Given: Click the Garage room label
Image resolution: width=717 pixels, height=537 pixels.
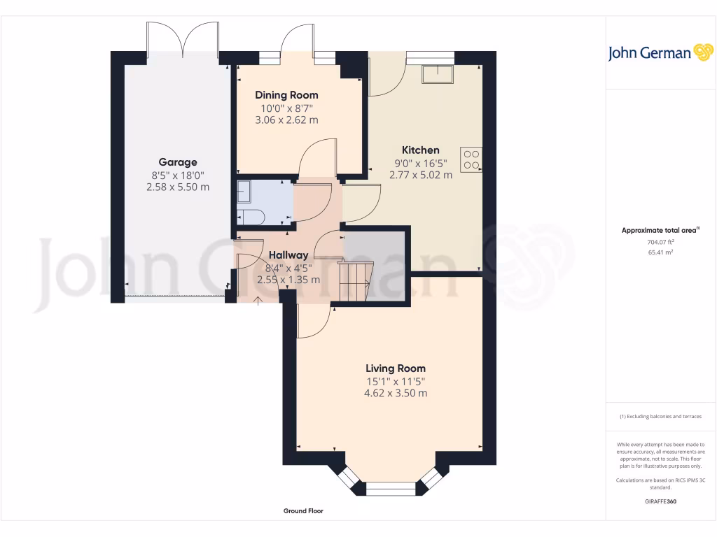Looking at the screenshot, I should click(178, 162).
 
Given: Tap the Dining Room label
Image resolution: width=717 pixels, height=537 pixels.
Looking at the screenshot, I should click(286, 95).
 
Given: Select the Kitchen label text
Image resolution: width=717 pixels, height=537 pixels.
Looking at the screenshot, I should click(420, 150).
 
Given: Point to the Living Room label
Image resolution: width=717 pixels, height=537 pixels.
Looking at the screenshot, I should click(396, 368).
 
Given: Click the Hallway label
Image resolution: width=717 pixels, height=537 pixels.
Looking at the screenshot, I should click(288, 256).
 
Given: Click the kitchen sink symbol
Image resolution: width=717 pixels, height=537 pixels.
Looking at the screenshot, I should click(437, 73).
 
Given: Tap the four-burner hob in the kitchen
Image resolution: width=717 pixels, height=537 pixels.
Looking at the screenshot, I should click(471, 160).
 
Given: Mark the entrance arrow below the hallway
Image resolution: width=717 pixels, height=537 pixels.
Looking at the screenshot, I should click(258, 301).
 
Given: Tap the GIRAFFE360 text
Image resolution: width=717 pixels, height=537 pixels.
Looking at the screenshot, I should click(660, 501).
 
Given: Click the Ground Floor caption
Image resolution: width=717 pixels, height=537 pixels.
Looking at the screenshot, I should click(303, 511).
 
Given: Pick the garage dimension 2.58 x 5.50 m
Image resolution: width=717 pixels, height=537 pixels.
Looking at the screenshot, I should click(178, 187).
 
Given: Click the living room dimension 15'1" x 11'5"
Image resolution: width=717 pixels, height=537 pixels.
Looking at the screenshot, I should click(396, 381).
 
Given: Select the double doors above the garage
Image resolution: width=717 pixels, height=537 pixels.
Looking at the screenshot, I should click(182, 39).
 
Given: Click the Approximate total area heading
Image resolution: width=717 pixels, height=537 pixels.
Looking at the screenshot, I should click(660, 230).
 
